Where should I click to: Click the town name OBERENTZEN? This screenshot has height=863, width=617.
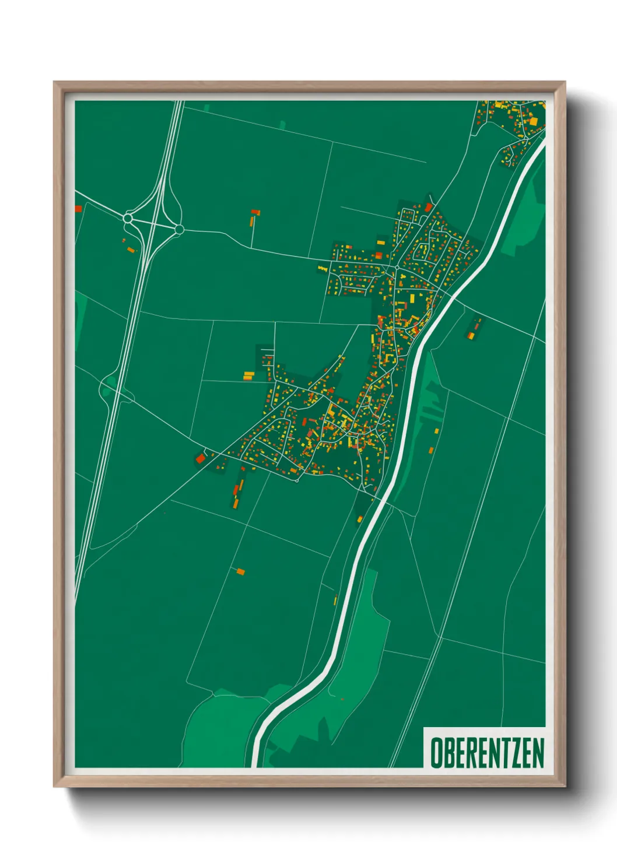[487, 753]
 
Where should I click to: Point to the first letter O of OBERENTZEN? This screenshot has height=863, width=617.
[435, 753]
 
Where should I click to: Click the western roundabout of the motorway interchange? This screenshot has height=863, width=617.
[128, 218]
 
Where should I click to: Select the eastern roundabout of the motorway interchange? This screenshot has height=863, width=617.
[179, 230]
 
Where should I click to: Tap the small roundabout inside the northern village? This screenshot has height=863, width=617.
[397, 268]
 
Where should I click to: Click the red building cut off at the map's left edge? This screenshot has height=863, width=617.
[78, 209]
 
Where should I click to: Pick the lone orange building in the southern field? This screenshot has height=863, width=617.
[240, 571]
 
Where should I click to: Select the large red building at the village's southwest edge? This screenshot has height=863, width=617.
[201, 458]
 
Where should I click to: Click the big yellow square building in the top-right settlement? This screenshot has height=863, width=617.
[533, 121]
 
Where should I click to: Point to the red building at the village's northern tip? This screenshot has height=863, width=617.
[429, 207]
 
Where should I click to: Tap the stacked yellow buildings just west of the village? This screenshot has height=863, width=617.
[248, 376]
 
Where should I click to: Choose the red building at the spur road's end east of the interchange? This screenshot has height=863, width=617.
[254, 212]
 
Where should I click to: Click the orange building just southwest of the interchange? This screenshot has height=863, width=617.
[131, 250]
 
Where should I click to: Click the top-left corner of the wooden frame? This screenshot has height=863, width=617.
[54, 82]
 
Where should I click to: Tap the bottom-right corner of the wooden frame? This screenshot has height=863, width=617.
[565, 786]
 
